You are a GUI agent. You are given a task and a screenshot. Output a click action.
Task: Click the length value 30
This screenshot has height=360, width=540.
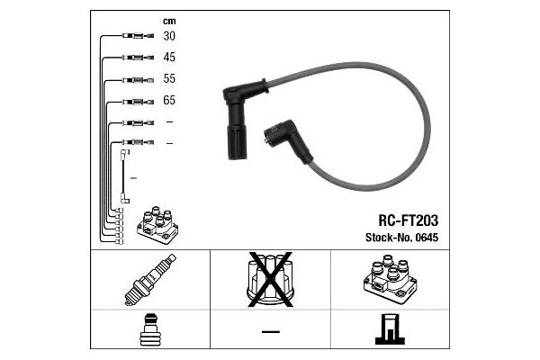(x=169, y=36)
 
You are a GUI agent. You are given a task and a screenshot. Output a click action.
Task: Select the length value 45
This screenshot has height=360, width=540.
(x=169, y=58)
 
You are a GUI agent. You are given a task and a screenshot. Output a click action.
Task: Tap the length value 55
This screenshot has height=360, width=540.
(x=169, y=78)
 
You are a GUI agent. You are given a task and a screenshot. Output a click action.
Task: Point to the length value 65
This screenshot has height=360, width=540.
(x=169, y=100)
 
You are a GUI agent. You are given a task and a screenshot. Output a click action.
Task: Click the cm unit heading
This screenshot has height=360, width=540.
(x=169, y=22)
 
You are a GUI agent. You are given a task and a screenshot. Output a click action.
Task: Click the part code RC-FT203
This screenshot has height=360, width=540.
(x=409, y=220)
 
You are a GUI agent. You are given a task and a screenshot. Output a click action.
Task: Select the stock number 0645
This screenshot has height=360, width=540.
(x=427, y=238)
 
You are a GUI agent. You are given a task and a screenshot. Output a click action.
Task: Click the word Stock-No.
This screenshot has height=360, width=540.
(x=389, y=238)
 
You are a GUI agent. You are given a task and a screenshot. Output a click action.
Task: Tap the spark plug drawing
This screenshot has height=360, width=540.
(x=150, y=280)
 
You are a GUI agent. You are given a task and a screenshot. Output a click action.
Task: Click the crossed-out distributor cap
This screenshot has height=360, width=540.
(x=270, y=280)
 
